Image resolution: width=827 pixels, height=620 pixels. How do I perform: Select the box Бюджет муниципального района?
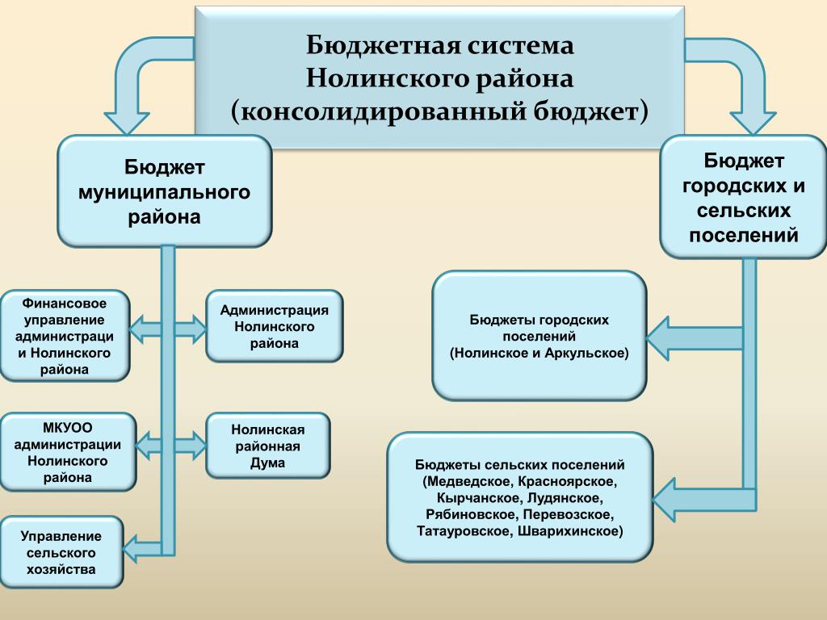pos(164,191)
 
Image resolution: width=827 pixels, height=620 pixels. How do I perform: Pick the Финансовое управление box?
pos(65,335)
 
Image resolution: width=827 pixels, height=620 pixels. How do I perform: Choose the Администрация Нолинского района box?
pos(275,326)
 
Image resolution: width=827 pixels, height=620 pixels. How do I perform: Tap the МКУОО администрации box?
pos(68,451)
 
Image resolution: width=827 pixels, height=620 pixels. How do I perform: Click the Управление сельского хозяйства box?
pos(61,552)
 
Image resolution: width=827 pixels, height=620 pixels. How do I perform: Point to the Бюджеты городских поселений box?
pos(539,336)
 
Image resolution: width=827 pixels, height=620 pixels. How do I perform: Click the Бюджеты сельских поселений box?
pos(520,497)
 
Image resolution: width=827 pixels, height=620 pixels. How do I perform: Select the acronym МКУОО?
pos(68,426)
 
